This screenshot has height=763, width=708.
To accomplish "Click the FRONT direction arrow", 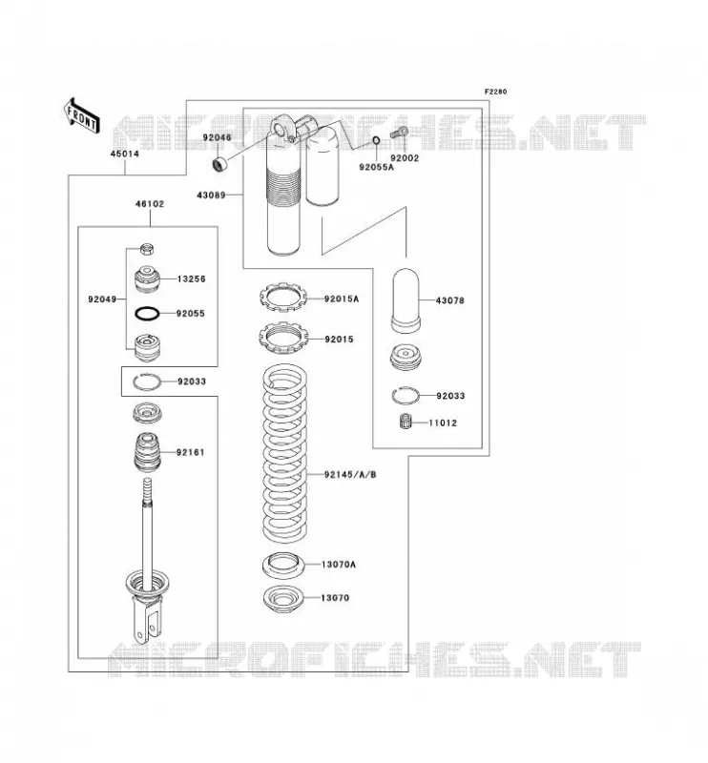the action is tap(82, 115).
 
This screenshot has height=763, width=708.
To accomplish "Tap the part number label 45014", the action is tap(125, 154).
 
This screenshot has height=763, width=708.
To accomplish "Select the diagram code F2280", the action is tap(495, 92).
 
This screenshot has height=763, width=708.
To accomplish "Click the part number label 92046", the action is tap(218, 137).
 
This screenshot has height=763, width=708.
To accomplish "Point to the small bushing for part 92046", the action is tap(220, 164).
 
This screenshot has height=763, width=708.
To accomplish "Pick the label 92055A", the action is tap(376, 167).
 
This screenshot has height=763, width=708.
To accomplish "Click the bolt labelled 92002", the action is tap(399, 132).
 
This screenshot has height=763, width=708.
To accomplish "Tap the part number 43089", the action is tap(211, 196).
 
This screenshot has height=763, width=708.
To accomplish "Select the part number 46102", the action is tap(150, 204).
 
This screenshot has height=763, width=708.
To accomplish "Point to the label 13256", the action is tap(192, 279).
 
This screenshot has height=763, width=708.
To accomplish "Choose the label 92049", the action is tap(102, 299).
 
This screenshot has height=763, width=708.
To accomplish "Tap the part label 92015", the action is tap(339, 340).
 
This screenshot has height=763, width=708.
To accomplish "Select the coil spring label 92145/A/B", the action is tap(350, 474).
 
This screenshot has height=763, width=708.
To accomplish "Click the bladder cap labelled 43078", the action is tap(406, 300).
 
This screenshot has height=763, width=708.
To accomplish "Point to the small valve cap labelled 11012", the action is tap(406, 422).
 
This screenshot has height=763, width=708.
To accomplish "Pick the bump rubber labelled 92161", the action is tap(148, 452).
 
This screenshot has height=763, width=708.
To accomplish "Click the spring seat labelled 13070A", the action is tap(283, 564).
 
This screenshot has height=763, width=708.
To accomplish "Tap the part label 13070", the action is tap(335, 598).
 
